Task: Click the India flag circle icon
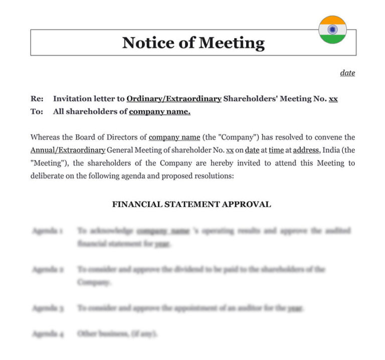point(332,30)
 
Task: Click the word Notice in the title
point(146,43)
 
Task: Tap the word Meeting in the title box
point(231,43)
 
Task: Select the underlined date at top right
point(347,73)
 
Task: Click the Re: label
point(37,99)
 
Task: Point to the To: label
point(37,112)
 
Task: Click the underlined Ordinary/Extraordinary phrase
point(173,99)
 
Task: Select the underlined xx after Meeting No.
point(333,99)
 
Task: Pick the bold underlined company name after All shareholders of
point(159,112)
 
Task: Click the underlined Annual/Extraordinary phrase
point(68,150)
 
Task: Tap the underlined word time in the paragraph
point(276,150)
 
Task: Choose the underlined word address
point(305,150)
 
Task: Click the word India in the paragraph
point(332,150)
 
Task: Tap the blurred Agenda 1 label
point(47,231)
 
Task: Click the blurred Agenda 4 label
point(48,333)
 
